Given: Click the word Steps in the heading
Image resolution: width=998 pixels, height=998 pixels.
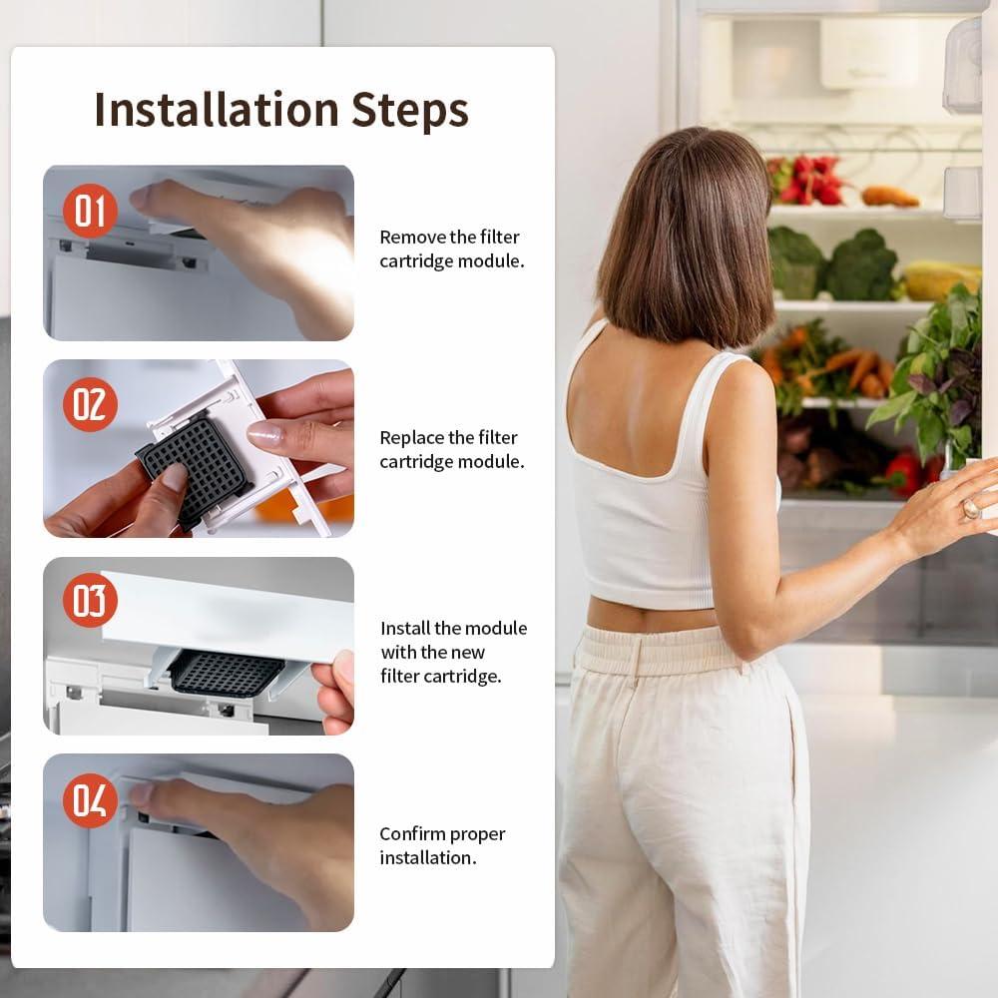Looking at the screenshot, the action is point(410,110).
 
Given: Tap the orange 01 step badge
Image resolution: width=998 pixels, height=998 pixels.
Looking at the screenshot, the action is point(90,211).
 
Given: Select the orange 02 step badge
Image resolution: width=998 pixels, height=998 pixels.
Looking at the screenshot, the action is point(90,404).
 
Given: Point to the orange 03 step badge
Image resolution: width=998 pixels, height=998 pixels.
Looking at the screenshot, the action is point(90,600).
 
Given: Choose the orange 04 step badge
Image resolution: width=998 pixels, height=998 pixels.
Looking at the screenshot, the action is point(90,800).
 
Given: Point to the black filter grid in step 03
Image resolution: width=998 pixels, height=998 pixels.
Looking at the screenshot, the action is point(226,672).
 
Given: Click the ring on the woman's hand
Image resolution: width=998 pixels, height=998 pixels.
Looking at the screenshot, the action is point(971,508).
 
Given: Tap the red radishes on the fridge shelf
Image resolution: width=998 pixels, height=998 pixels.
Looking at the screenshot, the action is point(808,180).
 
